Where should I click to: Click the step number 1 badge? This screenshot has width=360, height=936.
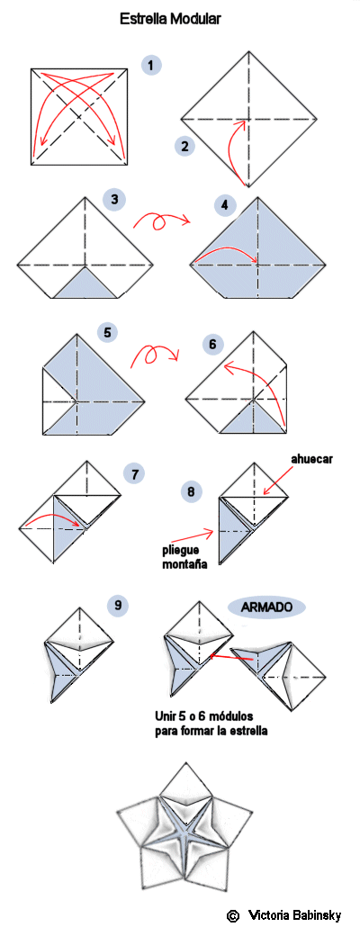151,65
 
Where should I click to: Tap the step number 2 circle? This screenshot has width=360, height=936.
185,146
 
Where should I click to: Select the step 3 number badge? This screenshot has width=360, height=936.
114,199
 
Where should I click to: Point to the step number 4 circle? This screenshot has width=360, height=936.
224,206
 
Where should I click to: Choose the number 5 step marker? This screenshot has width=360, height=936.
107,333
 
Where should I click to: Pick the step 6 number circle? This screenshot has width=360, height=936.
212,345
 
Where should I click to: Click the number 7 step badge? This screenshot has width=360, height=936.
135,475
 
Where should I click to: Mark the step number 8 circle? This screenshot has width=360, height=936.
191,492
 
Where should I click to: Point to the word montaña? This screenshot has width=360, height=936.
185,562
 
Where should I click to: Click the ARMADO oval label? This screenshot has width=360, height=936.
266,607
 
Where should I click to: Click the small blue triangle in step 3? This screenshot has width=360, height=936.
86,285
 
